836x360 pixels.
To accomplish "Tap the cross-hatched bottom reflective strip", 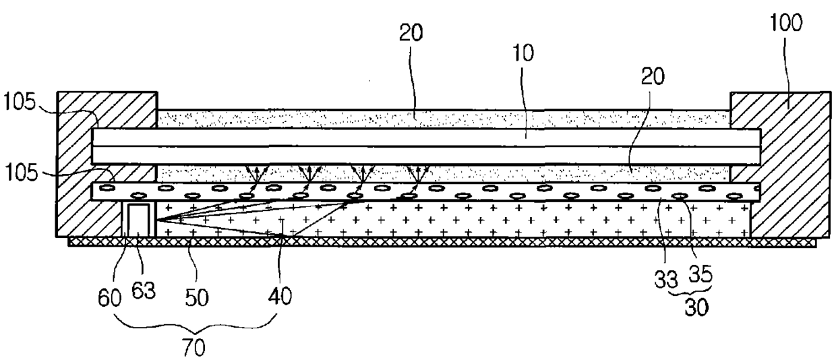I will pyautogui.click(x=438, y=242).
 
